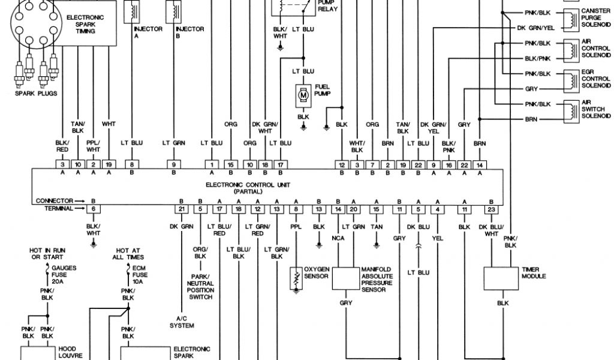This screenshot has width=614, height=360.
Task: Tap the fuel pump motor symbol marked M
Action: tap(303, 95)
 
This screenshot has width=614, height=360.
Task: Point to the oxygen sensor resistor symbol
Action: tap(296, 277)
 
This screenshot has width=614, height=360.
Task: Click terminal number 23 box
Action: tap(491, 209)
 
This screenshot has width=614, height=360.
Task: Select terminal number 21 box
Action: tap(180, 209)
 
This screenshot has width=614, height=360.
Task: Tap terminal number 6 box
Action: tap(93, 209)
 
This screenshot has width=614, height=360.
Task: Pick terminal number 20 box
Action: tap(354, 209)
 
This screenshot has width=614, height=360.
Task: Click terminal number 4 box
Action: tap(439, 209)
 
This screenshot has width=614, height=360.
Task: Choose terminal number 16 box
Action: tap(449, 164)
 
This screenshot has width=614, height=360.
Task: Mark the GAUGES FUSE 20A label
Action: tap(62, 272)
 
